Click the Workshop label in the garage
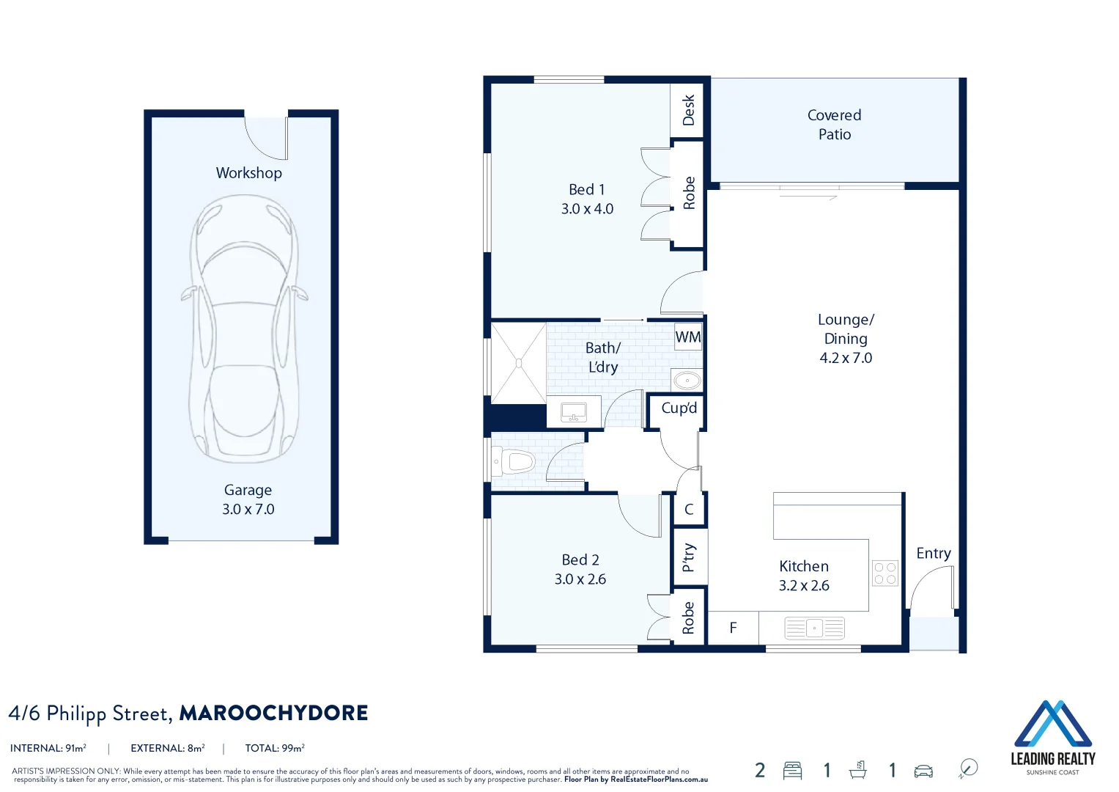pyautogui.click(x=248, y=173)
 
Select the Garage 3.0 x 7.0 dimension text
pyautogui.click(x=248, y=509)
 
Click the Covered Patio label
pyautogui.click(x=834, y=125)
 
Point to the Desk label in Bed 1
pyautogui.click(x=688, y=110)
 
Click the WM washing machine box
pyautogui.click(x=687, y=337)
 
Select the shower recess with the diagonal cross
pyautogui.click(x=518, y=362)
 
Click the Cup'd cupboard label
pyautogui.click(x=679, y=408)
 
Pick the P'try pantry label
pyautogui.click(x=688, y=557)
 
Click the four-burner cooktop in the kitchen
pyautogui.click(x=885, y=573)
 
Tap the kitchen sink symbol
pyautogui.click(x=814, y=628)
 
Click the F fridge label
pyautogui.click(x=733, y=628)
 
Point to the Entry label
pyautogui.click(x=933, y=554)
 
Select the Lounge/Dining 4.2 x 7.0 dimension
pyautogui.click(x=846, y=358)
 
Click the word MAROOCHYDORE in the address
pyautogui.click(x=273, y=713)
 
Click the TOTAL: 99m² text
pyautogui.click(x=275, y=748)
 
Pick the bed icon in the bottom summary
pyautogui.click(x=792, y=770)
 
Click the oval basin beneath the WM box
pyautogui.click(x=687, y=380)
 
